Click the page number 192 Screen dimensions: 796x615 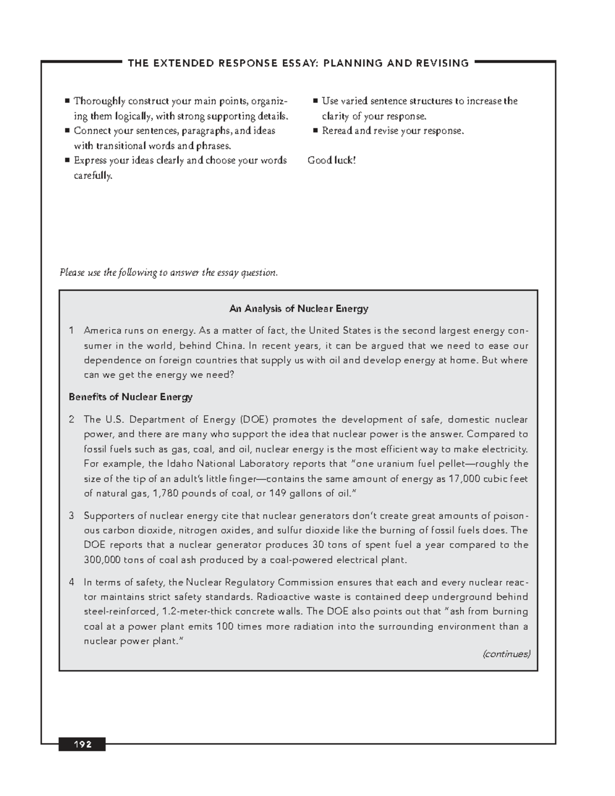coord(82,744)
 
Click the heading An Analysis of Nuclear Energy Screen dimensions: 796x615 coord(298,309)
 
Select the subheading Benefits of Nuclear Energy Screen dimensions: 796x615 coord(131,397)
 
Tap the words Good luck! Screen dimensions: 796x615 coord(332,160)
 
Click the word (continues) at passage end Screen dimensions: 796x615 coord(506,654)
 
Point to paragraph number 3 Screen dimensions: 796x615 coord(72,516)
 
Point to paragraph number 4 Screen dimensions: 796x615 coord(72,582)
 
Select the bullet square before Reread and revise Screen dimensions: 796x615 coord(316,131)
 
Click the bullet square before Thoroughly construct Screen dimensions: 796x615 coord(67,101)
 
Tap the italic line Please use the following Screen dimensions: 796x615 coord(169,272)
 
